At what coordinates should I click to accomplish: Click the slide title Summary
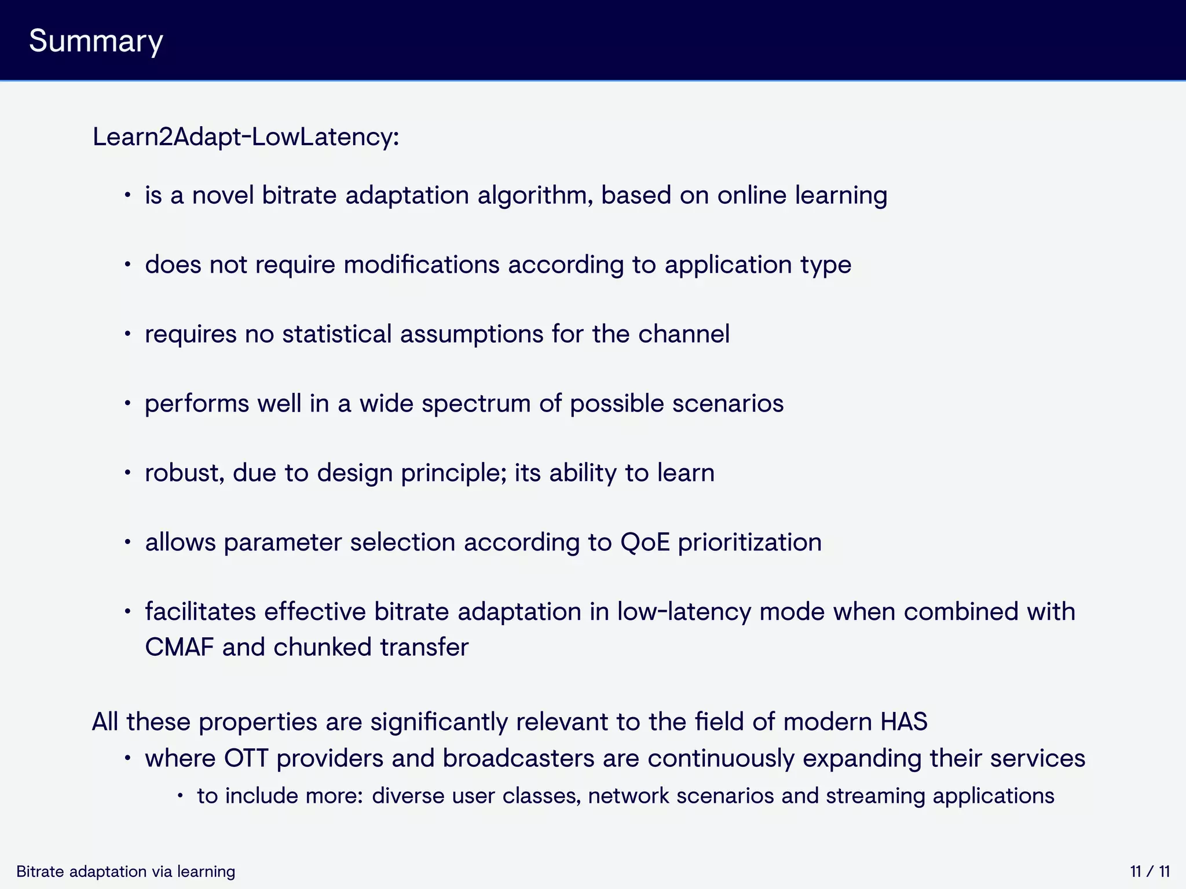(96, 42)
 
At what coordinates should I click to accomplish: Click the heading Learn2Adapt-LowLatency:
(246, 137)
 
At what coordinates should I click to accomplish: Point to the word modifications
(421, 265)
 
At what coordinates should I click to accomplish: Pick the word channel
(683, 334)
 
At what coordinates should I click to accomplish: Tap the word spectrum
(475, 403)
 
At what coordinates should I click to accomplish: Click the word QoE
(645, 542)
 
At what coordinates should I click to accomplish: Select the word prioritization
(749, 542)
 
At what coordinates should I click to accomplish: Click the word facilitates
(200, 612)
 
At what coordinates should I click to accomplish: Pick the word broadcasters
(518, 758)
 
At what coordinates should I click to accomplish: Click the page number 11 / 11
(1150, 872)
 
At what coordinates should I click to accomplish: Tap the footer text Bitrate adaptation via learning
(126, 872)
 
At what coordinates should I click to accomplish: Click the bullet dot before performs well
(127, 404)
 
